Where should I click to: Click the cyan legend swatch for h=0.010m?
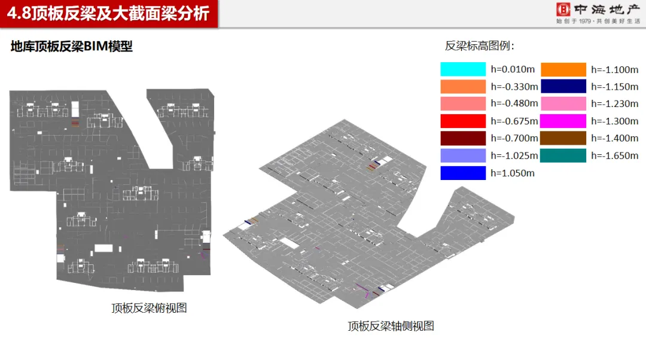463,69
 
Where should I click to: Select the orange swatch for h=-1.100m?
563,69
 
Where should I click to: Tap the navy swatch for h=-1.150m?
563,87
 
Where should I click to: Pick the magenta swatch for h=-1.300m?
563,121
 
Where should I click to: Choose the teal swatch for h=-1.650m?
563,156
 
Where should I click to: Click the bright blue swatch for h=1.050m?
463,173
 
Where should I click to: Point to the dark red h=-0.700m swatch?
463,139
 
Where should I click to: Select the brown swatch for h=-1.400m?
563,139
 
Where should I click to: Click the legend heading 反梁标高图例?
480,46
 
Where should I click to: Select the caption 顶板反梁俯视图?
149,309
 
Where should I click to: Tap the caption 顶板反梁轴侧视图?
391,327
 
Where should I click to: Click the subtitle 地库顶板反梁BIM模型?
72,47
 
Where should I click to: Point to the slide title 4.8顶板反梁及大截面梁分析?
108,13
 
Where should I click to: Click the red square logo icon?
563,10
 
